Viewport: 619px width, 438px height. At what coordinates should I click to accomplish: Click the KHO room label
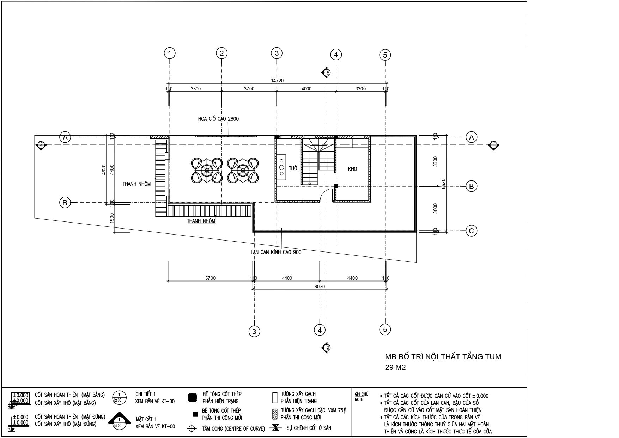click(x=352, y=169)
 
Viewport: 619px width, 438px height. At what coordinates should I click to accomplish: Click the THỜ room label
click(x=293, y=168)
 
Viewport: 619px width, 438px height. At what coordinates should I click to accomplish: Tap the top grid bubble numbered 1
click(x=170, y=53)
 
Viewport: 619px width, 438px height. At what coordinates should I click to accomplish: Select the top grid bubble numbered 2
click(x=221, y=53)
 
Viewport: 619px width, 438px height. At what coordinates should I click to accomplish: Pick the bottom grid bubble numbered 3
click(x=254, y=331)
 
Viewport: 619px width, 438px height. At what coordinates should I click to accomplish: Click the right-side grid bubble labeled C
click(x=471, y=231)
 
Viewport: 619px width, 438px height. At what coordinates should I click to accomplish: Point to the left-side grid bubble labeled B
click(x=65, y=203)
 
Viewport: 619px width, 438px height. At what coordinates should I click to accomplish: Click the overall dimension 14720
click(x=277, y=81)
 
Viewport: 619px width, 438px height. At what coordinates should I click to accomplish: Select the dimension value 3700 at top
click(x=249, y=89)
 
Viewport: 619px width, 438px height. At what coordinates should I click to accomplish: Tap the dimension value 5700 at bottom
click(x=210, y=278)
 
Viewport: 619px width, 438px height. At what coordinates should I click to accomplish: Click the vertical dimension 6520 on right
click(x=444, y=183)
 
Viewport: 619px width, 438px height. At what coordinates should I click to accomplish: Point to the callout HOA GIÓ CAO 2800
click(x=218, y=119)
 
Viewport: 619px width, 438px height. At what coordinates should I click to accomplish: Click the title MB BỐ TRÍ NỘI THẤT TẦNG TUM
click(x=443, y=356)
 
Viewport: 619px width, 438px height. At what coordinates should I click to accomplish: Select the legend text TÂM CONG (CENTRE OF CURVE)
click(x=233, y=429)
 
